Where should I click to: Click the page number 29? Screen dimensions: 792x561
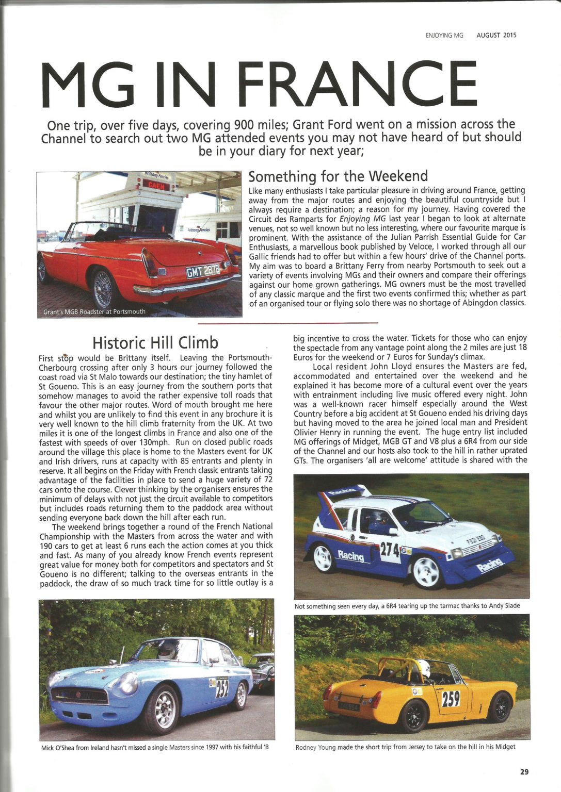524,772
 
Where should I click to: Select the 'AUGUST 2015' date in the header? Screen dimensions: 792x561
496,36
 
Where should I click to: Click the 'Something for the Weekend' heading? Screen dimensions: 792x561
338,176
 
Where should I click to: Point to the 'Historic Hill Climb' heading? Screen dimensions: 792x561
155,342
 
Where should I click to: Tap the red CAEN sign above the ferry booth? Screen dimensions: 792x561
156,185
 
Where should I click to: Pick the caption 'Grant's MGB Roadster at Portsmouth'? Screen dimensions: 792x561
94,311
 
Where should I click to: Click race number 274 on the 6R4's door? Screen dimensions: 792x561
391,551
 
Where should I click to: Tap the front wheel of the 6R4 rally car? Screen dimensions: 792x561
427,571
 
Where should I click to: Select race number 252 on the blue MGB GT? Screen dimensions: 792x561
222,687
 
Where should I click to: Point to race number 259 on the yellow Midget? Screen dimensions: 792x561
451,700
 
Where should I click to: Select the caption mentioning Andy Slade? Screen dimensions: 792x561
407,606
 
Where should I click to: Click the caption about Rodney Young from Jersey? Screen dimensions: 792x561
405,747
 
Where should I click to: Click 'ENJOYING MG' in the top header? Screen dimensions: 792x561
444,36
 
